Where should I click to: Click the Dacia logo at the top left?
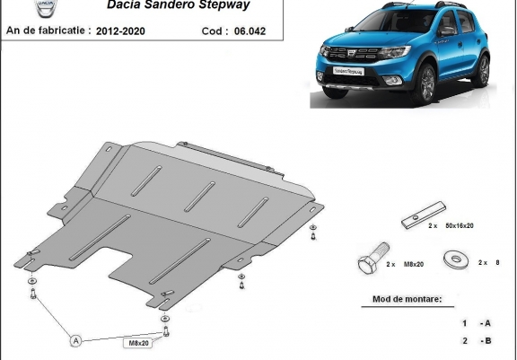[x=46, y=8]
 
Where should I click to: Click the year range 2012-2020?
[x=120, y=31]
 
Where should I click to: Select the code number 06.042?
[x=250, y=31]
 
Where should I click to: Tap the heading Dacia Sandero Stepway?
[x=179, y=4]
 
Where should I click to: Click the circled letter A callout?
[x=75, y=340]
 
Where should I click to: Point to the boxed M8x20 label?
[x=138, y=343]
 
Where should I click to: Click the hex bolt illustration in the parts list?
[x=373, y=259]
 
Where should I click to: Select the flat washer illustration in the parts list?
[x=456, y=259]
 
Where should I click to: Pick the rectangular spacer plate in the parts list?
[x=424, y=215]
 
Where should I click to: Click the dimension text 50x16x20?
[x=460, y=226]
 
